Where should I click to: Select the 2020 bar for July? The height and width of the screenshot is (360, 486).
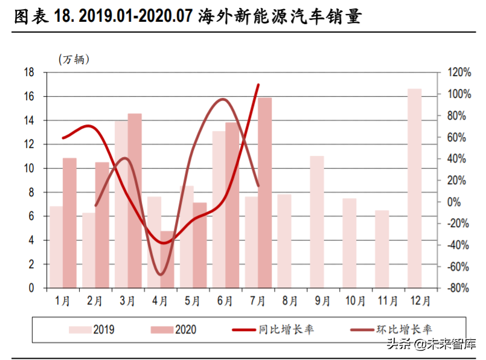(x=265, y=193)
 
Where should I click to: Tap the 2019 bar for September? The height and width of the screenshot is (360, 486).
(x=317, y=222)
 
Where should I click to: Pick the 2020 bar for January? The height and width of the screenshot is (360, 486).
(x=70, y=223)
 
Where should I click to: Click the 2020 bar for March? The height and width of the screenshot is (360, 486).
(x=135, y=201)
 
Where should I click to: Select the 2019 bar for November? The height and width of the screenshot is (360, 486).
(x=382, y=249)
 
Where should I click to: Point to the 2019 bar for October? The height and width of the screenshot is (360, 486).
(x=350, y=243)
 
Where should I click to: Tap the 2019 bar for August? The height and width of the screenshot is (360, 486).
(x=284, y=241)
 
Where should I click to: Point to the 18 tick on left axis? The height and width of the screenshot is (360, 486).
(x=28, y=72)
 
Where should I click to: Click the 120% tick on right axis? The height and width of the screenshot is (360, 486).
(x=458, y=72)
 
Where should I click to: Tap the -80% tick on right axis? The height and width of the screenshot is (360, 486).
(x=458, y=288)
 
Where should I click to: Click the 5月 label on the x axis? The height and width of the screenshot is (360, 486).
(x=191, y=300)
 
